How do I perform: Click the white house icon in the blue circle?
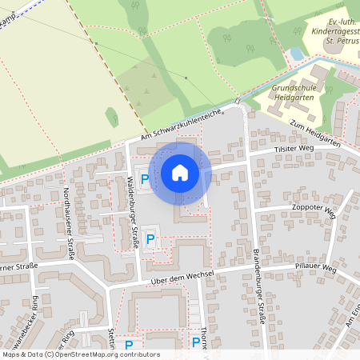click(x=180, y=173)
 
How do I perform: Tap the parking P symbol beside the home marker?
click(x=144, y=179)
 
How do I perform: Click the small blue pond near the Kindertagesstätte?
click(x=297, y=54)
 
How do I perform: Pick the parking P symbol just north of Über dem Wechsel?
click(x=150, y=238)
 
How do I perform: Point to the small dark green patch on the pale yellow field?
click(x=111, y=118)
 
